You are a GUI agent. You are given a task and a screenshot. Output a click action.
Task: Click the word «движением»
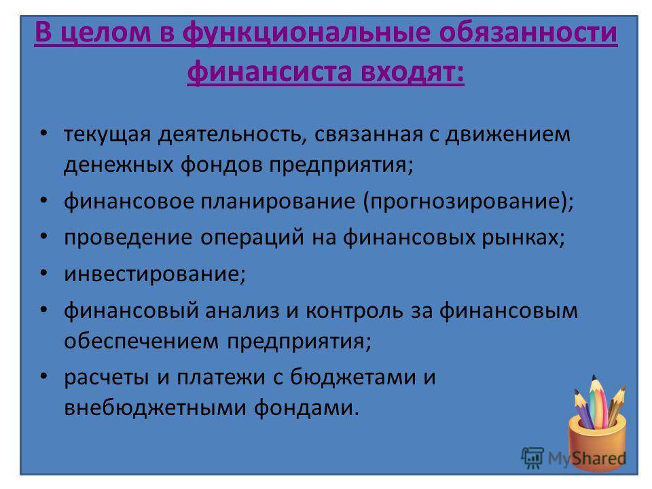tap(507, 134)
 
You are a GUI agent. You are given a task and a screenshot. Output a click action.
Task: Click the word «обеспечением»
tap(141, 342)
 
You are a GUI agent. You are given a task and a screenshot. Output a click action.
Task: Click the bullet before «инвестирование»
tap(44, 273)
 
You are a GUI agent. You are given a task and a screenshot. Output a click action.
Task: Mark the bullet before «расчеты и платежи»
tap(44, 376)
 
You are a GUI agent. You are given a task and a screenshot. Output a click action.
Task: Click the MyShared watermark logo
tap(573, 458)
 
